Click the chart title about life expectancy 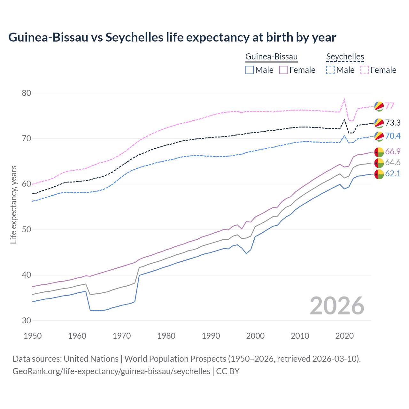pyautogui.click(x=172, y=37)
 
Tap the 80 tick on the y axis pyautogui.click(x=26, y=93)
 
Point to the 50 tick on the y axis pyautogui.click(x=26, y=229)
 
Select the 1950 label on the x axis pyautogui.click(x=33, y=336)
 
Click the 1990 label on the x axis pyautogui.click(x=211, y=336)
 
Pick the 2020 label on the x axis pyautogui.click(x=344, y=336)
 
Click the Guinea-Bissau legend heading pyautogui.click(x=271, y=57)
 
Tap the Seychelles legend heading pyautogui.click(x=345, y=57)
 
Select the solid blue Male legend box pyautogui.click(x=250, y=70)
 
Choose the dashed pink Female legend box pyautogui.click(x=365, y=70)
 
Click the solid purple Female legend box pyautogui.click(x=283, y=70)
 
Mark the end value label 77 pyautogui.click(x=390, y=106)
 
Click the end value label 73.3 pyautogui.click(x=393, y=123)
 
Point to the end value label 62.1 pyautogui.click(x=393, y=174)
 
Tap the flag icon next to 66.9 pyautogui.click(x=379, y=151)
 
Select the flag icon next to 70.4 pyautogui.click(x=379, y=136)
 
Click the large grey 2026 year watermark pyautogui.click(x=337, y=306)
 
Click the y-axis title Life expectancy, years pyautogui.click(x=13, y=204)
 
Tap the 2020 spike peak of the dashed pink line pyautogui.click(x=344, y=99)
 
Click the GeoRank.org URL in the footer pyautogui.click(x=111, y=371)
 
